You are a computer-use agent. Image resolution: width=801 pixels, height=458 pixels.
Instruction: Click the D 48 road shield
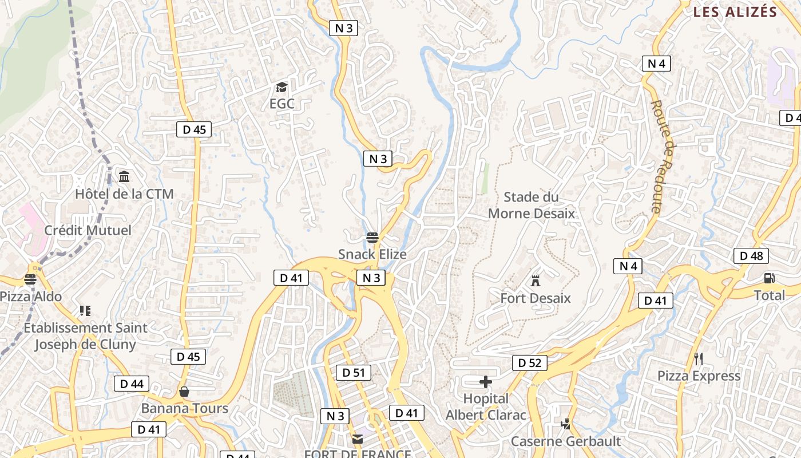pos(751,256)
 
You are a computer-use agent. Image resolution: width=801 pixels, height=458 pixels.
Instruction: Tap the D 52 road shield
pos(529,362)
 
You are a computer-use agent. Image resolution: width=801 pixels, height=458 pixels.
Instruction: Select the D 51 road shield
pos(354,373)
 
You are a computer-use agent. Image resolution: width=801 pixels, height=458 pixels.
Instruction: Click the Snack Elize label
pos(372,254)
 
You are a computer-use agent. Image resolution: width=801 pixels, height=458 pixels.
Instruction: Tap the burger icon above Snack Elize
pos(372,238)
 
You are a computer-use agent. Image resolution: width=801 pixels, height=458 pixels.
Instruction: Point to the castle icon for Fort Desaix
pos(536,281)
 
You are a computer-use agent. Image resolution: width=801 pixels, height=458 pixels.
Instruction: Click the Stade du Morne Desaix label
pos(531,206)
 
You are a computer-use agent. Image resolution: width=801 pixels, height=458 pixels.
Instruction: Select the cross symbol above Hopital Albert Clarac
pos(486,382)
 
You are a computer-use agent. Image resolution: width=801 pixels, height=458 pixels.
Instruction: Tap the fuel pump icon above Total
pos(769,279)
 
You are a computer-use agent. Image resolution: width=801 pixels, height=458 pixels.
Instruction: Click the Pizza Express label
pos(699,376)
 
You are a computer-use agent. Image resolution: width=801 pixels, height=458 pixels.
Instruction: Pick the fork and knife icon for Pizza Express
pos(698,359)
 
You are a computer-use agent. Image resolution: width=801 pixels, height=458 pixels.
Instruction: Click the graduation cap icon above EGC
pos(281,88)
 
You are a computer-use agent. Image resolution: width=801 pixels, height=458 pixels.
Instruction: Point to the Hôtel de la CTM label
pos(124,194)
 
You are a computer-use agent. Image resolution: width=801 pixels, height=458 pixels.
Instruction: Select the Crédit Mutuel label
pos(88,230)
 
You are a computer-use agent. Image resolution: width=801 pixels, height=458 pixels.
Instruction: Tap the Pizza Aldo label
pos(31,297)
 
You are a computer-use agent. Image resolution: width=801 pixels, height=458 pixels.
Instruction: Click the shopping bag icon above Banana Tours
pos(184,392)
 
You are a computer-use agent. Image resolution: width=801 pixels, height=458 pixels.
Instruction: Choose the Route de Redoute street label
pos(663,157)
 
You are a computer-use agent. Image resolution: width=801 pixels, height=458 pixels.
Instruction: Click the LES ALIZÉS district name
pos(735,12)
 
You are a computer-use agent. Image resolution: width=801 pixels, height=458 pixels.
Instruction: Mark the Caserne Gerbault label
pos(566,441)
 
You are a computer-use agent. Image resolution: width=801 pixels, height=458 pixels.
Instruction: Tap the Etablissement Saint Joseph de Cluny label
pos(85,336)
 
